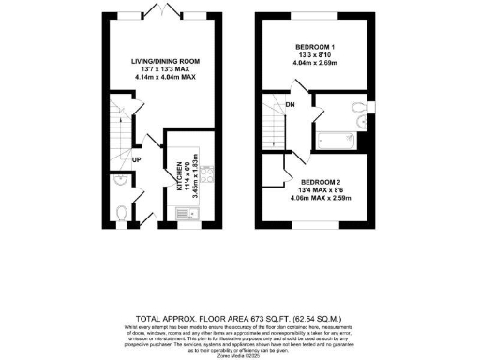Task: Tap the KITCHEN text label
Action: coord(175,175)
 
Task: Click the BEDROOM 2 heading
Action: coord(322,182)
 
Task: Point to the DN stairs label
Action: coord(291,104)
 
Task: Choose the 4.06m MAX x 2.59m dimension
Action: coord(322,199)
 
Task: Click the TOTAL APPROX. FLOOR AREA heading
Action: coord(240,319)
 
